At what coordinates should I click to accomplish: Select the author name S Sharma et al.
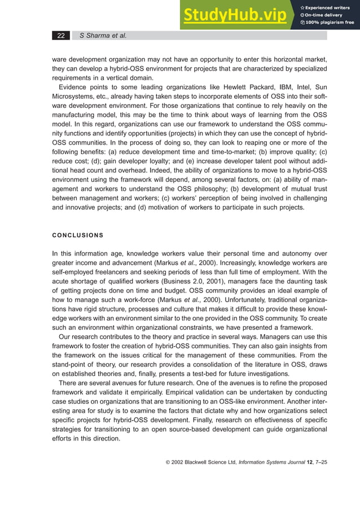click(x=103, y=36)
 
